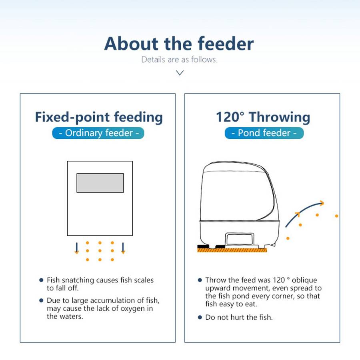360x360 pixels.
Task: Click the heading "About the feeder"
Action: pos(179,44)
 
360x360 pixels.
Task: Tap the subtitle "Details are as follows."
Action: pos(179,60)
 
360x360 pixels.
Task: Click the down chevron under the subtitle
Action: pos(180,73)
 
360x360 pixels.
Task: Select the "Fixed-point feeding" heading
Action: pos(99,117)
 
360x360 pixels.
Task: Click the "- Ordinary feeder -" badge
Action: pos(98,133)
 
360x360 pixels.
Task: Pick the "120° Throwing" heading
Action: pos(263,117)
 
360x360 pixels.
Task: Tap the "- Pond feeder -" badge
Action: pos(264,133)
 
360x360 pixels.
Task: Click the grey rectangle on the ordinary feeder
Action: pos(100,183)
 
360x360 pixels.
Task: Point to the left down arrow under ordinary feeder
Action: pos(77,248)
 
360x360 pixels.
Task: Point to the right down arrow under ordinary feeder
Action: pos(123,248)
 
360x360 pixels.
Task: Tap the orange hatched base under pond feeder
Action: pos(232,250)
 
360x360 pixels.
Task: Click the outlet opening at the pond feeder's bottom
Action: pos(240,239)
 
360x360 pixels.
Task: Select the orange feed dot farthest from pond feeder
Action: pos(336,216)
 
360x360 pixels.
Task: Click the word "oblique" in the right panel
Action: pos(304,280)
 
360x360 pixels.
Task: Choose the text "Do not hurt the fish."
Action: pos(239,317)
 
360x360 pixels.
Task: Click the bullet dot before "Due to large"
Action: pos(41,300)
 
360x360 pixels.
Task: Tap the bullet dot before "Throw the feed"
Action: pos(200,280)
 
